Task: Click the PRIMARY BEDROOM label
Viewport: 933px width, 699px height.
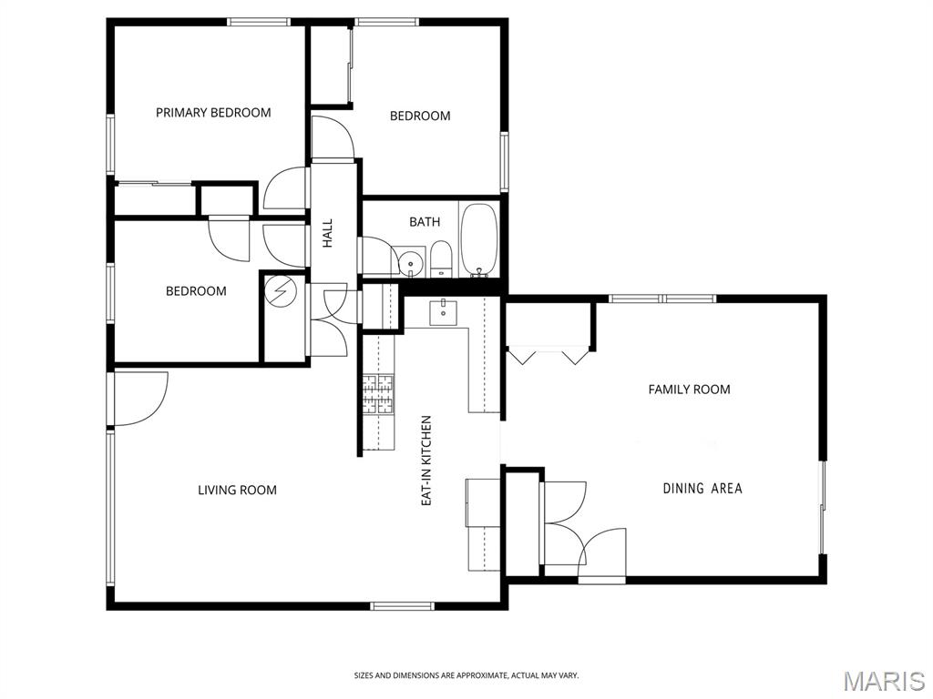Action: pyautogui.click(x=213, y=112)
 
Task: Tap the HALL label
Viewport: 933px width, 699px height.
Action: pyautogui.click(x=328, y=234)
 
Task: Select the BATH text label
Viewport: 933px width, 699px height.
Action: pyautogui.click(x=425, y=222)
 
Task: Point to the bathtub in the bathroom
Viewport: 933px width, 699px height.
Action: pyautogui.click(x=479, y=240)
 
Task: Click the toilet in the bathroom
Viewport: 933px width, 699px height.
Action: pyautogui.click(x=441, y=259)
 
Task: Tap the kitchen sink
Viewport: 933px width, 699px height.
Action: pyautogui.click(x=444, y=313)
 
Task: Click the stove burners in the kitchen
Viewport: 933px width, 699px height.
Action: pyautogui.click(x=378, y=393)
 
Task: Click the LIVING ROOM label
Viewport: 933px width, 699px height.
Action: pyautogui.click(x=237, y=491)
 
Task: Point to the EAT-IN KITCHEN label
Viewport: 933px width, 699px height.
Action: pyautogui.click(x=426, y=461)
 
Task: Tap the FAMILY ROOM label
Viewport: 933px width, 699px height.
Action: pyautogui.click(x=689, y=390)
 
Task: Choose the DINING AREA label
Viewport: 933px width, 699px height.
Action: pyautogui.click(x=702, y=489)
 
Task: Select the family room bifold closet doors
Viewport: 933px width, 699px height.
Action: pyautogui.click(x=548, y=357)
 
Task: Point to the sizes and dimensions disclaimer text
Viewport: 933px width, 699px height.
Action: pyautogui.click(x=466, y=675)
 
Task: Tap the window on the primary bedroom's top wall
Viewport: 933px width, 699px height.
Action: pyautogui.click(x=258, y=23)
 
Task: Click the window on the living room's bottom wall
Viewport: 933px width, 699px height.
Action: pyautogui.click(x=402, y=606)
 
